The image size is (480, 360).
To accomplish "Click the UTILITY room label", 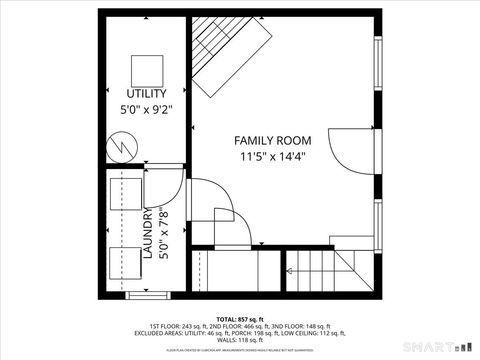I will tap(139, 93).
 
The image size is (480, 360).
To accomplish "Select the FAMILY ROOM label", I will tap(273, 141).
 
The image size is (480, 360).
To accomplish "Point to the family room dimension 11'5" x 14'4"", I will tap(273, 156).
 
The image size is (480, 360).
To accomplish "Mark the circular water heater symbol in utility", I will tap(121, 147).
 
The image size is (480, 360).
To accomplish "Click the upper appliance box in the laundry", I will tap(125, 197).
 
